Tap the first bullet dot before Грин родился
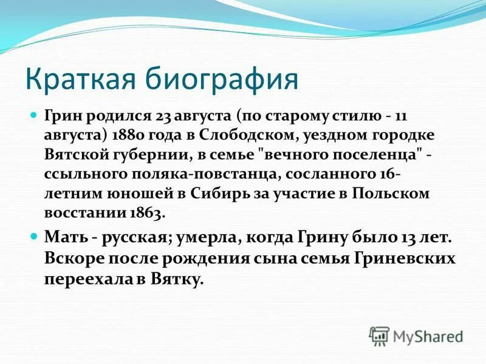[x=35, y=113]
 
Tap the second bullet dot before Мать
[x=35, y=235]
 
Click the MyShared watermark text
[x=428, y=335]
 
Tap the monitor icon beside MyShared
[x=379, y=335]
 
